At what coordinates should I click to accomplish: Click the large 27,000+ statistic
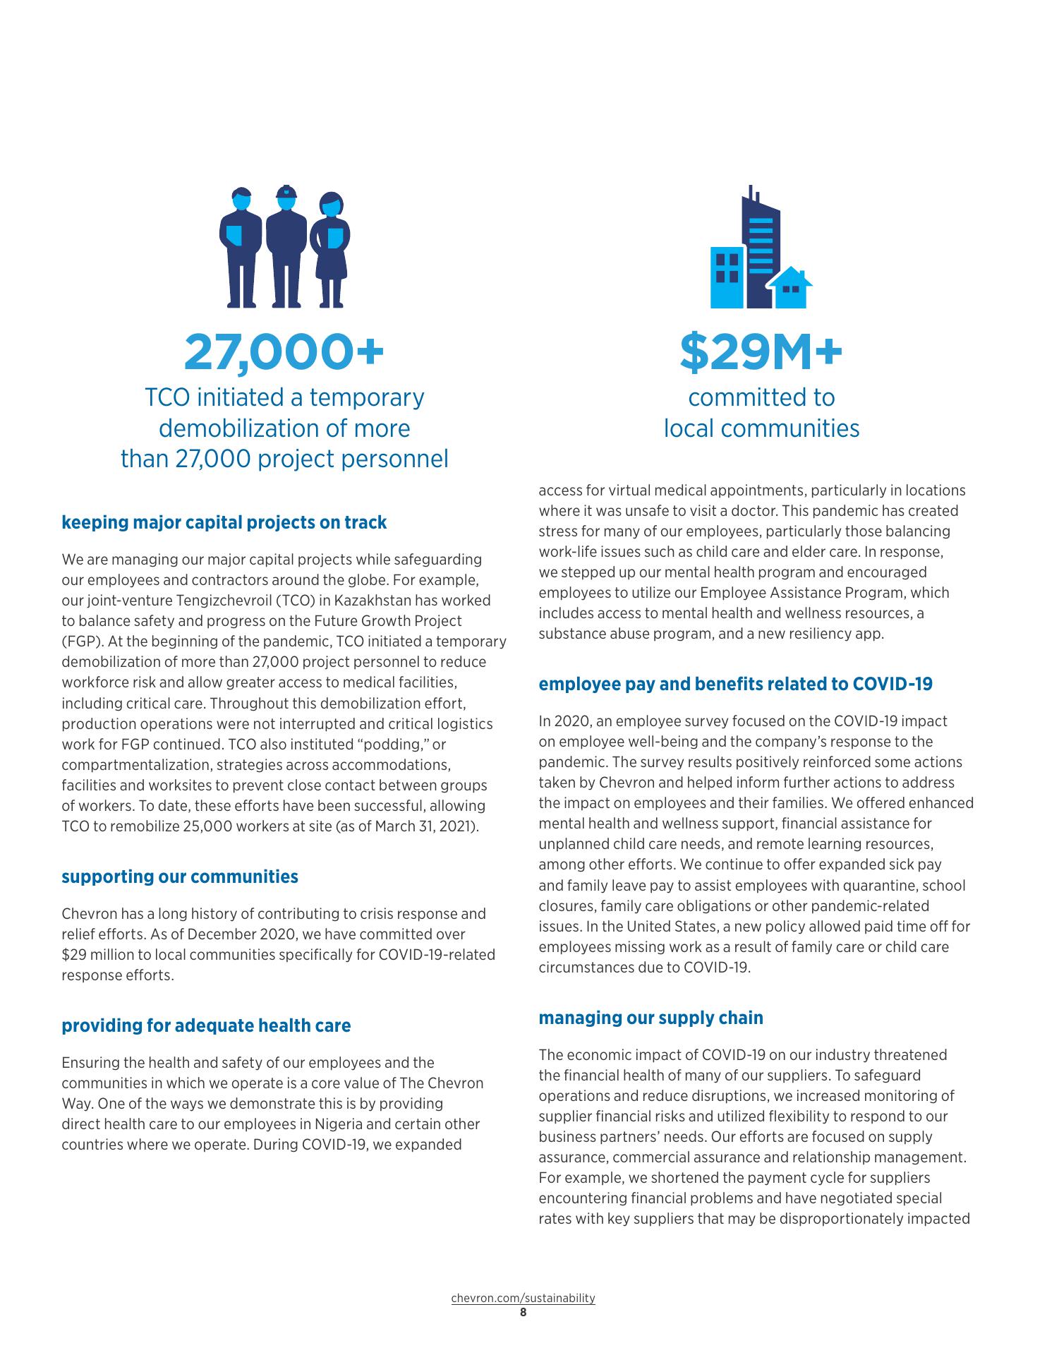[284, 353]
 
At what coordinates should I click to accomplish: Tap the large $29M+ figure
[761, 353]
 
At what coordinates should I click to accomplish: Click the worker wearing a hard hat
[285, 247]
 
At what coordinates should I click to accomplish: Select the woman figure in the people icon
[330, 251]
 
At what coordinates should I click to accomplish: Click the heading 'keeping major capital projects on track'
[224, 523]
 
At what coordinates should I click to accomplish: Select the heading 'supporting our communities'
[180, 877]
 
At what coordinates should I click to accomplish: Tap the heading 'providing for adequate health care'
[206, 1025]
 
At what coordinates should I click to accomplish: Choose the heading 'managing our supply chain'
[650, 1018]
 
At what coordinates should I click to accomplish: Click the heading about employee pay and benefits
[735, 684]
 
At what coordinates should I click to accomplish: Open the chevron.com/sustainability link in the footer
[523, 1298]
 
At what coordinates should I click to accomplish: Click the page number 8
[523, 1313]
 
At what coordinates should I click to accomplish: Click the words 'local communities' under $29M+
[761, 428]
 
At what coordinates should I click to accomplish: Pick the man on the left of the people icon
[241, 247]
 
